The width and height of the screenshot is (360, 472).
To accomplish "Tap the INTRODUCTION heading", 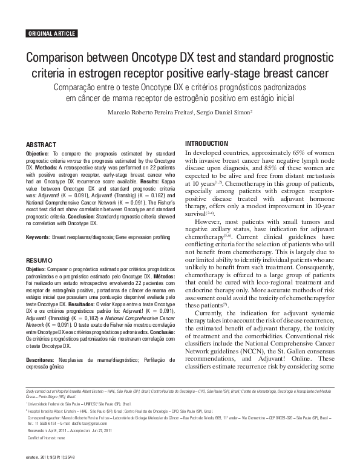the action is (208, 143).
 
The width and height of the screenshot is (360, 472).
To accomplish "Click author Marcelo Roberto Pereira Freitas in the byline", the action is (148, 113).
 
